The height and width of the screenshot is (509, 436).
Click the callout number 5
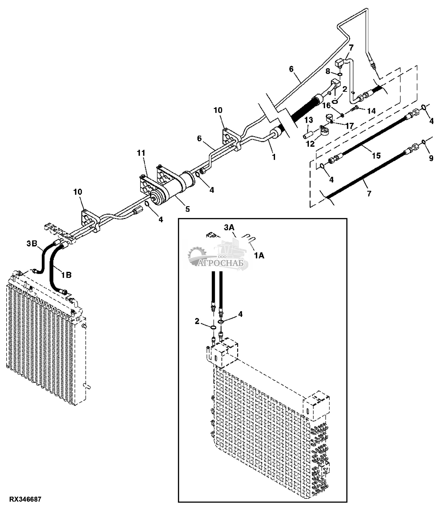click(x=187, y=209)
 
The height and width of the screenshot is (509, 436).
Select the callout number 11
click(x=141, y=153)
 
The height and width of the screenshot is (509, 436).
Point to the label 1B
click(x=66, y=275)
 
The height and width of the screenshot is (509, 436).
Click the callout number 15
click(x=376, y=155)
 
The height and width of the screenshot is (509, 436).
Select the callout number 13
click(x=309, y=120)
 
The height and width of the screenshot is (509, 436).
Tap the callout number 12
click(x=310, y=144)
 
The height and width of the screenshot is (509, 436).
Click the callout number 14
click(x=371, y=111)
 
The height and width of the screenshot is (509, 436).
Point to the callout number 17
click(x=349, y=126)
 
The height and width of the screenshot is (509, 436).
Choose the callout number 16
click(x=327, y=105)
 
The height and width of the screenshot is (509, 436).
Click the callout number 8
click(x=328, y=71)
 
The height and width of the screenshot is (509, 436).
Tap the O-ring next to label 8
click(x=339, y=75)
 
